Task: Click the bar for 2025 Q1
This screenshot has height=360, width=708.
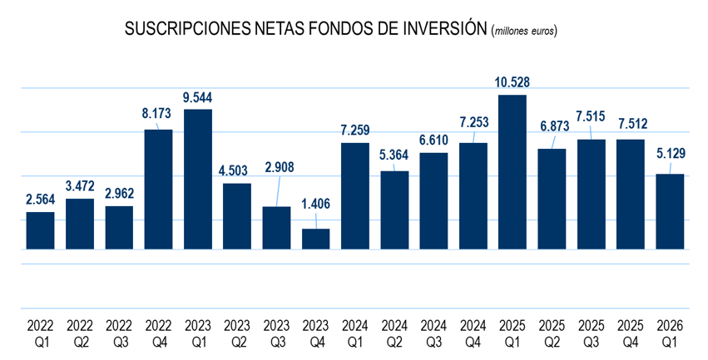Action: (x=512, y=172)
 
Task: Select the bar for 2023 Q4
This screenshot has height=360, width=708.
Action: (x=315, y=239)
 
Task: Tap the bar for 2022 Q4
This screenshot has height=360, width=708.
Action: (x=158, y=190)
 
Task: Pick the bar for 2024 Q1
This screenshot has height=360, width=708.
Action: (x=355, y=196)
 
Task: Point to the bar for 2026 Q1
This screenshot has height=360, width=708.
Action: (x=671, y=211)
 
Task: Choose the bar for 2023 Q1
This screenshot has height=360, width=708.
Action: (x=197, y=179)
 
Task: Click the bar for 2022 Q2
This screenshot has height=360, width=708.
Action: (x=79, y=224)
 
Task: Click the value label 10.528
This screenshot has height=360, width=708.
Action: (x=512, y=81)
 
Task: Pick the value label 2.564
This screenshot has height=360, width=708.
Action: (x=40, y=199)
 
